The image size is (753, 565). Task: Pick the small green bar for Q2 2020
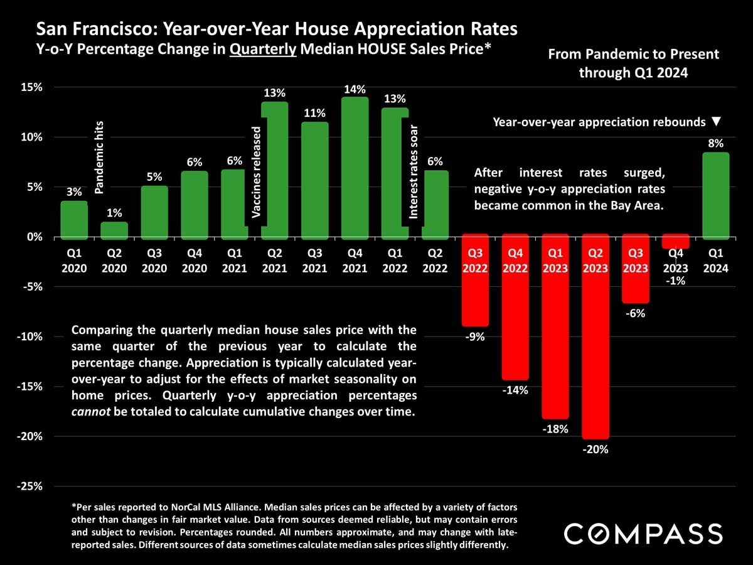pyautogui.click(x=114, y=230)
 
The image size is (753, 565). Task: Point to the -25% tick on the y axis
pyautogui.click(x=30, y=487)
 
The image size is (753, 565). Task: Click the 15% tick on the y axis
pyautogui.click(x=31, y=87)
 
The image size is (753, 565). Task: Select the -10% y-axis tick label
pyautogui.click(x=30, y=336)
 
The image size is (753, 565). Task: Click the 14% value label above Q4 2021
pyautogui.click(x=355, y=90)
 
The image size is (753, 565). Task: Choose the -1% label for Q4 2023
pyautogui.click(x=676, y=281)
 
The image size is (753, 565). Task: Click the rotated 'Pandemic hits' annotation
pyautogui.click(x=99, y=158)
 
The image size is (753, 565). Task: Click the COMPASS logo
pyautogui.click(x=643, y=534)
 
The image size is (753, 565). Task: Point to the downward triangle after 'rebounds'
pyautogui.click(x=717, y=121)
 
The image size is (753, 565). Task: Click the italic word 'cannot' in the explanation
pyautogui.click(x=89, y=412)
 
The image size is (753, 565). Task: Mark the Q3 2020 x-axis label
pyautogui.click(x=154, y=261)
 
